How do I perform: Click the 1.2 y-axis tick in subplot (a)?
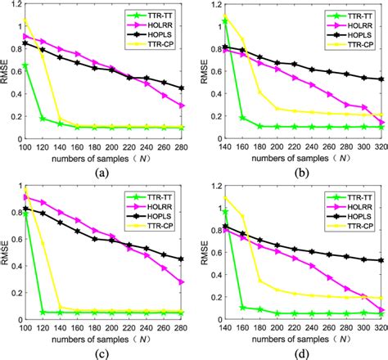click(x=16, y=6)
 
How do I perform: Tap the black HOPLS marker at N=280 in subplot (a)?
click(x=182, y=88)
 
